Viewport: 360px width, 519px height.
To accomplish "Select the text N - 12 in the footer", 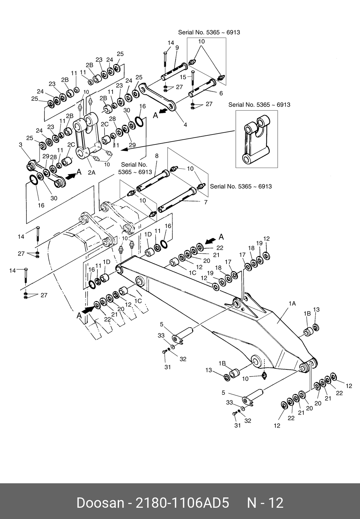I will pos(265,503).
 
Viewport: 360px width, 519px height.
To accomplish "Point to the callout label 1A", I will pos(292,303).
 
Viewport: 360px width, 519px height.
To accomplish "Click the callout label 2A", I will pos(92,173).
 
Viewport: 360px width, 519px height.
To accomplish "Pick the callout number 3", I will pos(21,145).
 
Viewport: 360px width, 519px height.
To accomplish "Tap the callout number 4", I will pos(185,125).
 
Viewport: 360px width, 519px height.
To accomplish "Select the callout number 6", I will pos(221,93).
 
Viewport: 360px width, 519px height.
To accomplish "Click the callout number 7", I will pos(206,202).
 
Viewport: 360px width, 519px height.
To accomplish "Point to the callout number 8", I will pos(157,156).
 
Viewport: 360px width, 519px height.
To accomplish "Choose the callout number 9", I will pos(177,48).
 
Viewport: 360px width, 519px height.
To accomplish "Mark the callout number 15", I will pos(183,77).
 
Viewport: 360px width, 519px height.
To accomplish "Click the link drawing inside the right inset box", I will pos(256,139).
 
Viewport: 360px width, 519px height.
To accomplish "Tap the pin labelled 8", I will pos(153,180).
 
